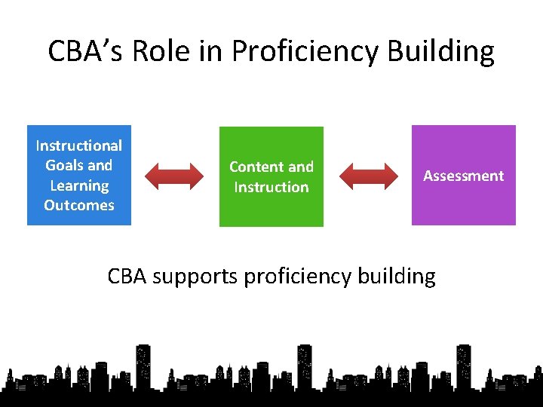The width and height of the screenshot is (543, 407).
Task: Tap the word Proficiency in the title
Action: pyautogui.click(x=306, y=51)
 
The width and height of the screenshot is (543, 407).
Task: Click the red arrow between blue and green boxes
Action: pyautogui.click(x=174, y=176)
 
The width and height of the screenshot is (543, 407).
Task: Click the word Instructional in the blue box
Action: pyautogui.click(x=79, y=145)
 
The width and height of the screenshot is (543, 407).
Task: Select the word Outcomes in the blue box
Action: pyautogui.click(x=79, y=205)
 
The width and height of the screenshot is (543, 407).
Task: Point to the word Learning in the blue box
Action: pyautogui.click(x=79, y=185)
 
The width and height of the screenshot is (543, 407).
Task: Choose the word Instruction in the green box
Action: pyautogui.click(x=271, y=187)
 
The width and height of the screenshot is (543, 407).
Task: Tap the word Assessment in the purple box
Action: pyautogui.click(x=464, y=176)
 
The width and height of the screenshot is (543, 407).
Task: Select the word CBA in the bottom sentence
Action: pyautogui.click(x=127, y=276)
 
